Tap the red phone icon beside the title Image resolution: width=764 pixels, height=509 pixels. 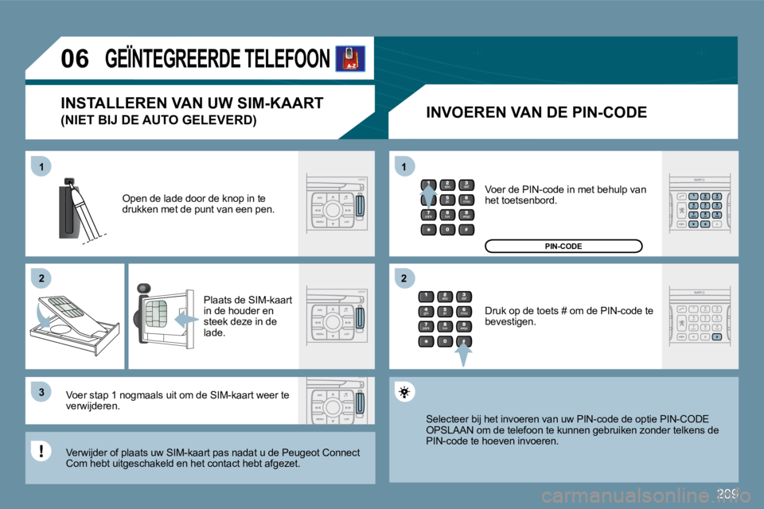(350, 58)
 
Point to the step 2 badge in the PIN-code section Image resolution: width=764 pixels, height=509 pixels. (403, 278)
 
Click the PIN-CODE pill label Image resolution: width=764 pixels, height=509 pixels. (563, 247)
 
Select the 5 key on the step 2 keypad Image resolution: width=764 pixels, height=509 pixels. (446, 311)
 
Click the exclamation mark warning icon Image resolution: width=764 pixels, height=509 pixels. (40, 452)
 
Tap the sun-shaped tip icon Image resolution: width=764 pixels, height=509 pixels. (404, 392)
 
